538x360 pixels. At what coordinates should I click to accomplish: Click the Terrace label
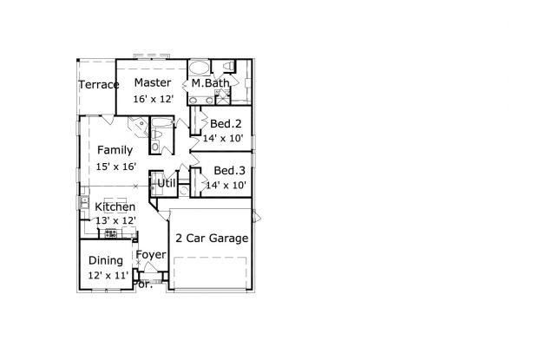pyautogui.click(x=99, y=84)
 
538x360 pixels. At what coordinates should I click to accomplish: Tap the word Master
pyautogui.click(x=153, y=82)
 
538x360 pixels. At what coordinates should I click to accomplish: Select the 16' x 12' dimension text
pyautogui.click(x=154, y=99)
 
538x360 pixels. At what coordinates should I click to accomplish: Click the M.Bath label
pyautogui.click(x=210, y=82)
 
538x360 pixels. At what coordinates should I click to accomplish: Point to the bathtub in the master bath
pyautogui.click(x=200, y=67)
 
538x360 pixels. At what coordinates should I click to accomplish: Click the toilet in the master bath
pyautogui.click(x=228, y=65)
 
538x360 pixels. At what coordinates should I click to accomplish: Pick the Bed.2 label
pyautogui.click(x=226, y=123)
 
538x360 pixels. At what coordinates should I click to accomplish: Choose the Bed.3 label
pyautogui.click(x=229, y=170)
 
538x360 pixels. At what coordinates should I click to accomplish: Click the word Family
pyautogui.click(x=115, y=150)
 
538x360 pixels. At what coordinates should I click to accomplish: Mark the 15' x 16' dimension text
pyautogui.click(x=116, y=167)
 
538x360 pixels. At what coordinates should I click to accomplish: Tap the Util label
pyautogui.click(x=167, y=183)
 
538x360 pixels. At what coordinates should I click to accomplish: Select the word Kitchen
pyautogui.click(x=115, y=206)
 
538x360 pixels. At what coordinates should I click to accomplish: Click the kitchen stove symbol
pyautogui.click(x=111, y=233)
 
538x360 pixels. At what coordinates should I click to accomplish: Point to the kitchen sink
pyautogui.click(x=84, y=202)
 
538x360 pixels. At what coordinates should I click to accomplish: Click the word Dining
pyautogui.click(x=106, y=260)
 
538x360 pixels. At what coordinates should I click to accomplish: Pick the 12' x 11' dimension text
pyautogui.click(x=108, y=275)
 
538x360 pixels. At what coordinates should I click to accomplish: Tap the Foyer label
pyautogui.click(x=151, y=255)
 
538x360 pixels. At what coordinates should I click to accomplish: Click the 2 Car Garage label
pyautogui.click(x=212, y=238)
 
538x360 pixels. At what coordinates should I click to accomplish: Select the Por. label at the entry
pyautogui.click(x=144, y=285)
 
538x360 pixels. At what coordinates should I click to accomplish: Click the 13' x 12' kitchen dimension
pyautogui.click(x=115, y=220)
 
